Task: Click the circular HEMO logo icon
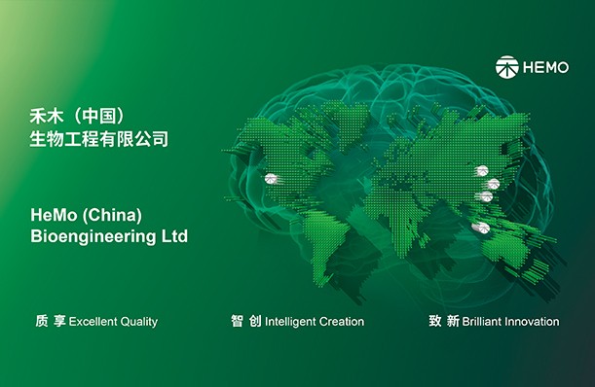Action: (x=506, y=68)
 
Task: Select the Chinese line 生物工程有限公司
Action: (x=99, y=140)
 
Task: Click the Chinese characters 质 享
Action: (x=50, y=321)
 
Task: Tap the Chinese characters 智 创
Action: (x=246, y=321)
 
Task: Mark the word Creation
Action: (x=342, y=321)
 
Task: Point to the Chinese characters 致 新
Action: (x=444, y=321)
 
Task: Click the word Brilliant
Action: (x=484, y=321)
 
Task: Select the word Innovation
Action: (x=534, y=321)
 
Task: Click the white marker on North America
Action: (x=272, y=179)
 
